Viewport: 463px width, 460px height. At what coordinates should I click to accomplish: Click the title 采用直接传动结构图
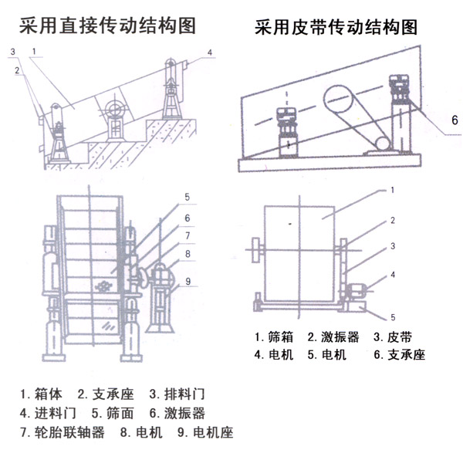[107, 25]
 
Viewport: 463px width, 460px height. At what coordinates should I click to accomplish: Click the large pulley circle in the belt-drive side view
[342, 102]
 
